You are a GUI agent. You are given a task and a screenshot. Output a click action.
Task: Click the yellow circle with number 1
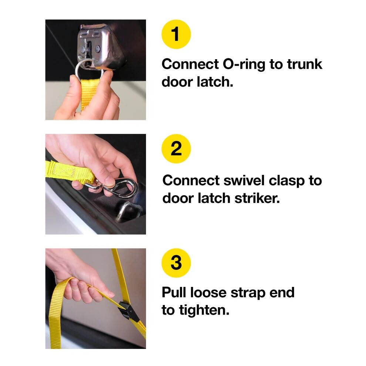click(176, 34)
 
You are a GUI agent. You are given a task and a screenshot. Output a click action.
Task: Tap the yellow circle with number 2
click(176, 149)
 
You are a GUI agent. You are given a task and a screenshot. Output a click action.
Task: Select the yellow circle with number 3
click(176, 263)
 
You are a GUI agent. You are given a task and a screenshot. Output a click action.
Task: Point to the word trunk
click(304, 64)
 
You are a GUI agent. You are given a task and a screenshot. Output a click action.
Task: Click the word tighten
click(205, 310)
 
